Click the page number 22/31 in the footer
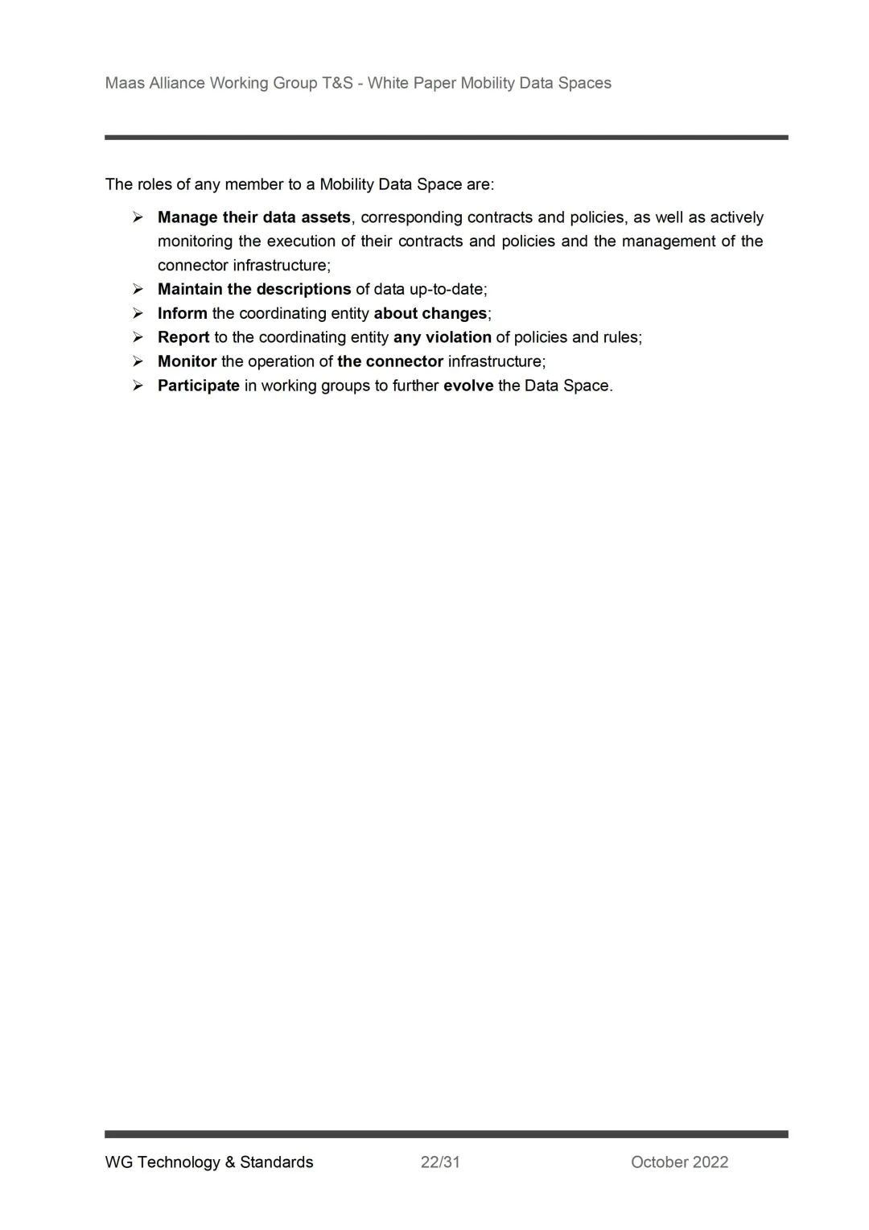[440, 1162]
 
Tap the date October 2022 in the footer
[679, 1162]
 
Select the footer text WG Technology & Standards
[209, 1162]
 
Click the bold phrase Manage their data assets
[253, 217]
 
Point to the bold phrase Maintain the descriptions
[253, 289]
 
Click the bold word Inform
[182, 313]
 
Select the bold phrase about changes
[430, 313]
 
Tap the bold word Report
[183, 337]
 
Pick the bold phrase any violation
[442, 337]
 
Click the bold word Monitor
[187, 361]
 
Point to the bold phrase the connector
[390, 361]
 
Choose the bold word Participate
[198, 386]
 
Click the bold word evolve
[468, 386]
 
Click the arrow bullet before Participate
[138, 386]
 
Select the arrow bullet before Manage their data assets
[138, 217]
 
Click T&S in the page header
[337, 83]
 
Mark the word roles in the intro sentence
[154, 184]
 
